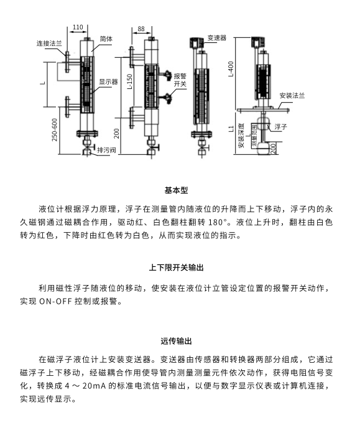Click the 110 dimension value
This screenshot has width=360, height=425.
(78, 27)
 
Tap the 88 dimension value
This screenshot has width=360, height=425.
(141, 29)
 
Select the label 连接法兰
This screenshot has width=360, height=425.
(49, 44)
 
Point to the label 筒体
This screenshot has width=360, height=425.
(106, 39)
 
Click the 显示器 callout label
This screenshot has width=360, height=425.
(108, 82)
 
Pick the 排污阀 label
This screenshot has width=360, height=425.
(106, 150)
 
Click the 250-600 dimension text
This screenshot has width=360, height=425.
(55, 129)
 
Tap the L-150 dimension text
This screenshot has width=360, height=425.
(130, 82)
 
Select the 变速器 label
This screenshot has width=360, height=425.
(217, 38)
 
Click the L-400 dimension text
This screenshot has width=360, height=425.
(231, 69)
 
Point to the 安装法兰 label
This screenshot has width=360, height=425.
(292, 96)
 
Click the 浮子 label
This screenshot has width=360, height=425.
(280, 126)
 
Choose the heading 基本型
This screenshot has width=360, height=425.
(176, 190)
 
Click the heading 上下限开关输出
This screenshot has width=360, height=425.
(176, 268)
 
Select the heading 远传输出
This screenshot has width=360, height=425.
(176, 341)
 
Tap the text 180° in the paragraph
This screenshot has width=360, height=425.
(218, 222)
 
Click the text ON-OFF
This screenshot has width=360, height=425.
(55, 301)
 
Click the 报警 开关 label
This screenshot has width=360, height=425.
(180, 80)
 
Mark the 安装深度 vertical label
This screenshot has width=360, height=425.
(241, 136)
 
